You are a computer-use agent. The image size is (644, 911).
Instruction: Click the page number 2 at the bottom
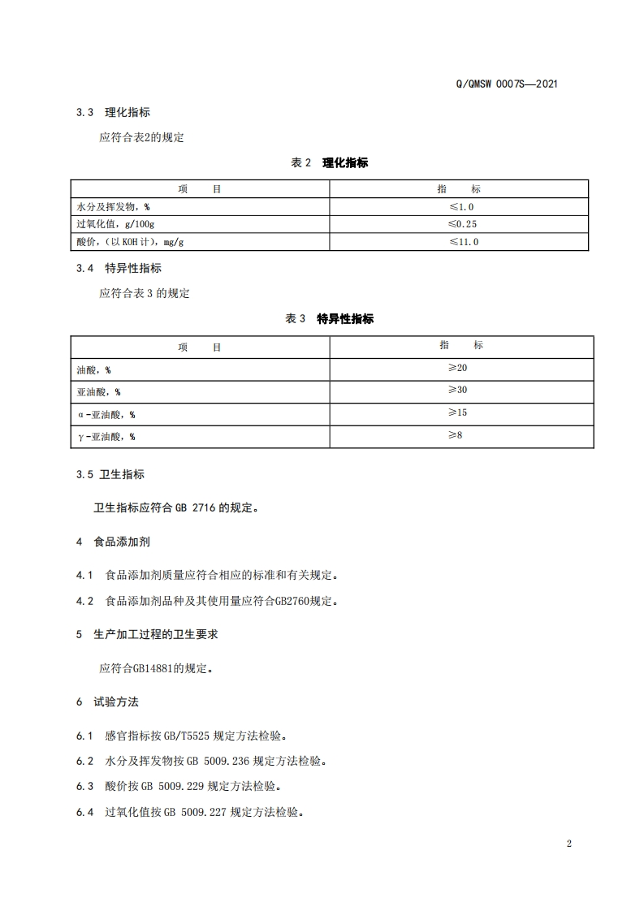pos(568,843)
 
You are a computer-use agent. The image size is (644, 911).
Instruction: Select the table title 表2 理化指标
pos(329,162)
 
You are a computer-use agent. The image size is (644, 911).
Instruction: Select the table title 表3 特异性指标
pos(329,319)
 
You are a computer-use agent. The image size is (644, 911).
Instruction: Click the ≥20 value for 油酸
pos(458,369)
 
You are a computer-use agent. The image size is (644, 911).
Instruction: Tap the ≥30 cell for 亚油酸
pos(458,391)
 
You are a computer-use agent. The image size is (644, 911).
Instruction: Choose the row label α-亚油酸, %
pos(106,415)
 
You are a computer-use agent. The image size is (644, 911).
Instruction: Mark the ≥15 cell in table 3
pos(458,413)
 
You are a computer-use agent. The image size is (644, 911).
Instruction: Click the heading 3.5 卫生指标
pos(110,474)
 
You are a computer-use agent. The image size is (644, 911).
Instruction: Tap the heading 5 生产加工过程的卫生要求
pos(147,634)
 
